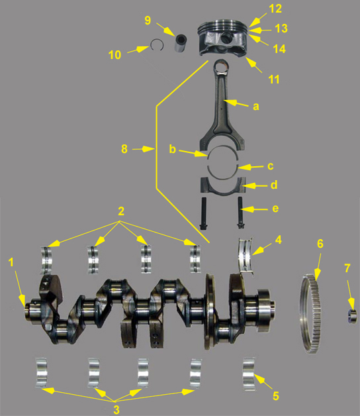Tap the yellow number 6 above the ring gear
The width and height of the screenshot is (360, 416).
320,244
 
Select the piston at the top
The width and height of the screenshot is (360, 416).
226,40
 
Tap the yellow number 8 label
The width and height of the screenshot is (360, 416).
124,149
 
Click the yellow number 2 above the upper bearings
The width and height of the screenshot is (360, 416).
121,212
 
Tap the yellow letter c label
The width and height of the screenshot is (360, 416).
270,166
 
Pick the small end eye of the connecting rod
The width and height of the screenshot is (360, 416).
220,67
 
